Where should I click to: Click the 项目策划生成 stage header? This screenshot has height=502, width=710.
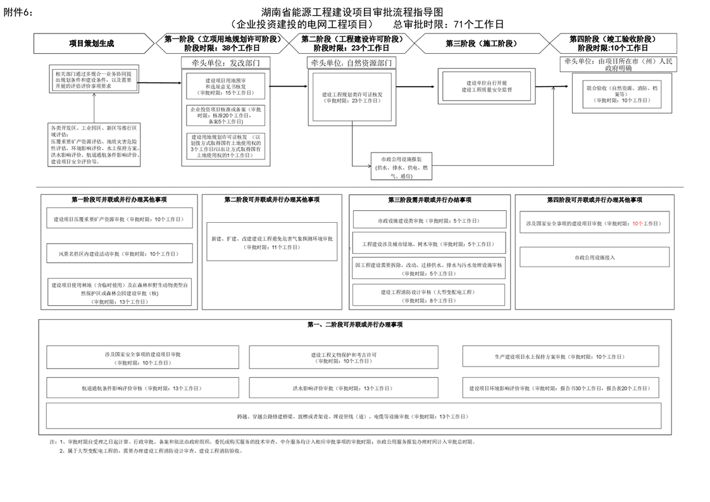coord(92,44)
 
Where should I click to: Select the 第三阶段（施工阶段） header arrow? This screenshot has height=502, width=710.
coord(481,44)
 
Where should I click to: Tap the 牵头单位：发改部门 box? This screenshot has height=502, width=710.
coord(225,63)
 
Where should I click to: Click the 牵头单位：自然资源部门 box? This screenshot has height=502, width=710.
coord(351,63)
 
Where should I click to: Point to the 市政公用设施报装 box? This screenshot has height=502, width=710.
coord(401,167)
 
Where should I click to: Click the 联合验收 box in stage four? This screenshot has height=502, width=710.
coord(618,91)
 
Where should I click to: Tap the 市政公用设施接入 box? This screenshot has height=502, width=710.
coord(594,257)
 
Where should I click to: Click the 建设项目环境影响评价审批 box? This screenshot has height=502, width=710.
coord(559,388)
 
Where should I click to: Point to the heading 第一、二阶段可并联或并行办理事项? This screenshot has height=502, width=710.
coord(354,325)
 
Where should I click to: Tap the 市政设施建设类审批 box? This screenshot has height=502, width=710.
coord(429,220)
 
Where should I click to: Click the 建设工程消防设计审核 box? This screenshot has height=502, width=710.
coord(429,296)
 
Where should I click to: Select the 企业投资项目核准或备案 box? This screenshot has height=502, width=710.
coord(225,115)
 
